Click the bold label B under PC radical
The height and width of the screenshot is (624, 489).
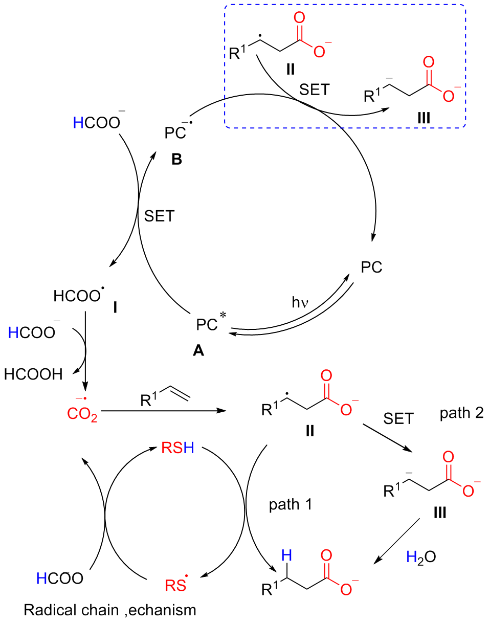coord(176,159)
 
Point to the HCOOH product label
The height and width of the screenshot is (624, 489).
coord(33,374)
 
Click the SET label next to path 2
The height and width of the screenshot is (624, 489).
coord(397,419)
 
